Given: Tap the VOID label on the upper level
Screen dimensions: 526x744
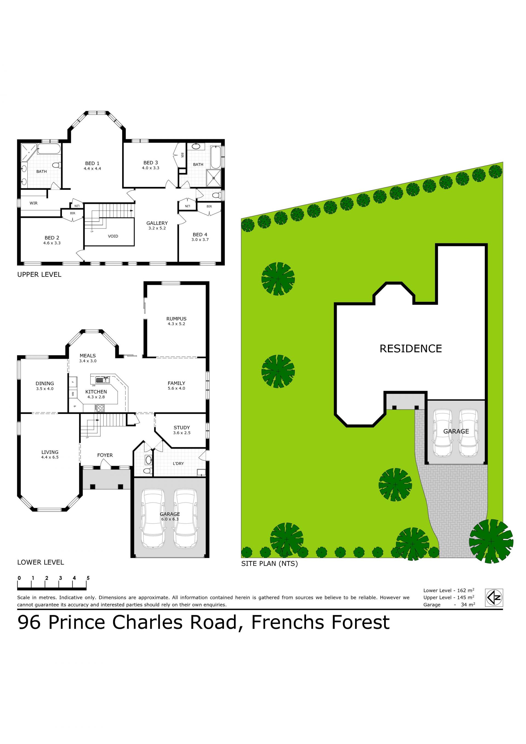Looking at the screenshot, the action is pyautogui.click(x=113, y=236).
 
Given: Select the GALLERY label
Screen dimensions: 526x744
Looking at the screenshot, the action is pyautogui.click(x=157, y=223).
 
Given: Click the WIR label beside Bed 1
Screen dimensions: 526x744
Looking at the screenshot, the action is pyautogui.click(x=33, y=203).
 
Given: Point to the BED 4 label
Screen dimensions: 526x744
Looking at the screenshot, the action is pyautogui.click(x=200, y=235).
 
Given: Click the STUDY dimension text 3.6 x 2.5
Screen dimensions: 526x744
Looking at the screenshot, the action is pyautogui.click(x=182, y=433).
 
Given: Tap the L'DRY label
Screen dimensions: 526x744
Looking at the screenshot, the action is pyautogui.click(x=178, y=464).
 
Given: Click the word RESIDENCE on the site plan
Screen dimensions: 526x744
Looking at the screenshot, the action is pyautogui.click(x=411, y=349).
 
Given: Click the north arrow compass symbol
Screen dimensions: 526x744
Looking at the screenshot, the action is pyautogui.click(x=494, y=597).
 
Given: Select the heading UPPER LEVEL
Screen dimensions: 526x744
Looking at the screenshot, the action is pyautogui.click(x=39, y=275).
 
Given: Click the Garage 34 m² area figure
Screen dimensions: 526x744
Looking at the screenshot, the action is pyautogui.click(x=449, y=605).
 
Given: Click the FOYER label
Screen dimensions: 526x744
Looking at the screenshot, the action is pyautogui.click(x=105, y=455).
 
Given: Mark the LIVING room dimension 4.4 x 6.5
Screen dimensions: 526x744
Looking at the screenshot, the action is pyautogui.click(x=50, y=457).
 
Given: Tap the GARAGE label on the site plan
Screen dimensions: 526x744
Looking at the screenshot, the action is pyautogui.click(x=456, y=431).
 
